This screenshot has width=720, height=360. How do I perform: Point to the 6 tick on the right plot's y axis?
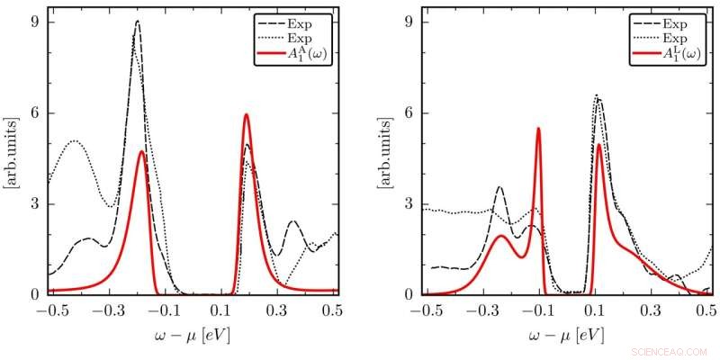(x=409, y=112)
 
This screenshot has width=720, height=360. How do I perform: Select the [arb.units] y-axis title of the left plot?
(x=11, y=158)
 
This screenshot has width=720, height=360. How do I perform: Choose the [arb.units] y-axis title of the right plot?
(x=384, y=158)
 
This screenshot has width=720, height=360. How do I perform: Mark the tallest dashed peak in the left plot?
(x=138, y=22)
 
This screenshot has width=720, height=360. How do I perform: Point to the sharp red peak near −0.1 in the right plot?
(x=538, y=129)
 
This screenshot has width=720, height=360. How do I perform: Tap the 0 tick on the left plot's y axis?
(x=36, y=294)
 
